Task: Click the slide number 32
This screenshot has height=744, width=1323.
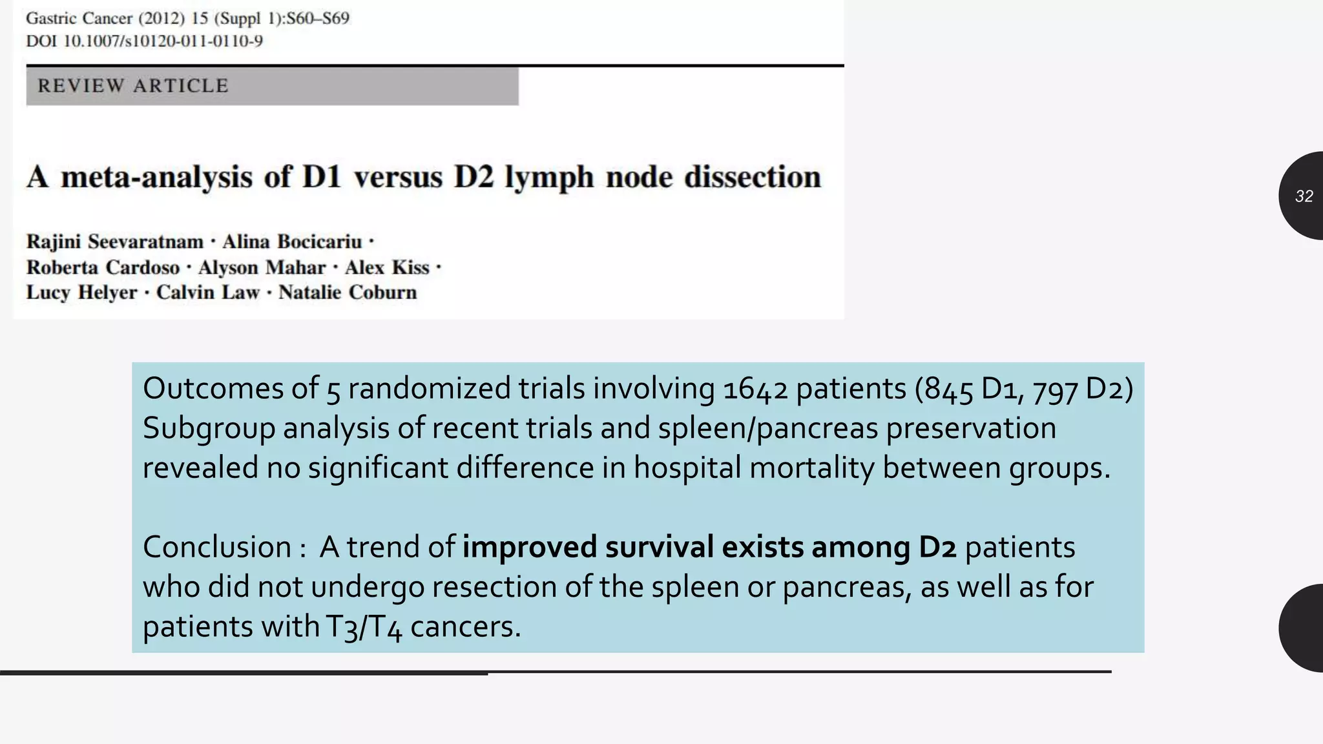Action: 1304,196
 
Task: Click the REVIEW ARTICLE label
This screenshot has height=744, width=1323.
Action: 133,86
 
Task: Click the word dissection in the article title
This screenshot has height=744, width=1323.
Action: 752,177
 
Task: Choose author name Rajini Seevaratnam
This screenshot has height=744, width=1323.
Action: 115,242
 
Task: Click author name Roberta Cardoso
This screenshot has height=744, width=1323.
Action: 103,267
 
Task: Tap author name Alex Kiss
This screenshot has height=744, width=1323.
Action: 387,267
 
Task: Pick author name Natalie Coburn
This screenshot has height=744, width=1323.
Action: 348,293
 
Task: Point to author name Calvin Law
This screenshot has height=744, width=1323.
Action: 207,293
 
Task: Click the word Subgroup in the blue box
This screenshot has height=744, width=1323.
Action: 209,429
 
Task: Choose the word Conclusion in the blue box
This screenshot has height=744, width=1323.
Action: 217,547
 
